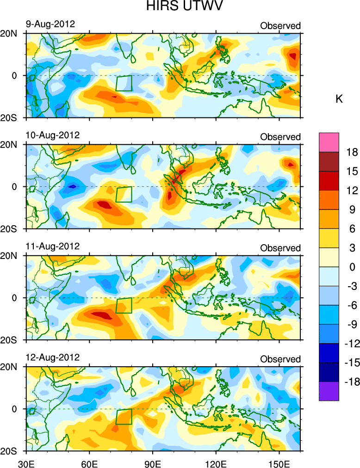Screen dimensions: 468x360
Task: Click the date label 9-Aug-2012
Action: coord(50,24)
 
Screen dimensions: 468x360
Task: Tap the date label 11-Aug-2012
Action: coord(52,246)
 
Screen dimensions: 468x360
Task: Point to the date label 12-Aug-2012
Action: coord(52,357)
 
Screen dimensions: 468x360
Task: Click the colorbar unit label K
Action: coord(339,99)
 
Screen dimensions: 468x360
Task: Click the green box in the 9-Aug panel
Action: coord(124,83)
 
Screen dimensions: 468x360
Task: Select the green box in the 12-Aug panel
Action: coord(124,416)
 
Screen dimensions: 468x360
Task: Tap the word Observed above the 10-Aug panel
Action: coord(280,137)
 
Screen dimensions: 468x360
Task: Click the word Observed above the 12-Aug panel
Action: coord(280,359)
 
